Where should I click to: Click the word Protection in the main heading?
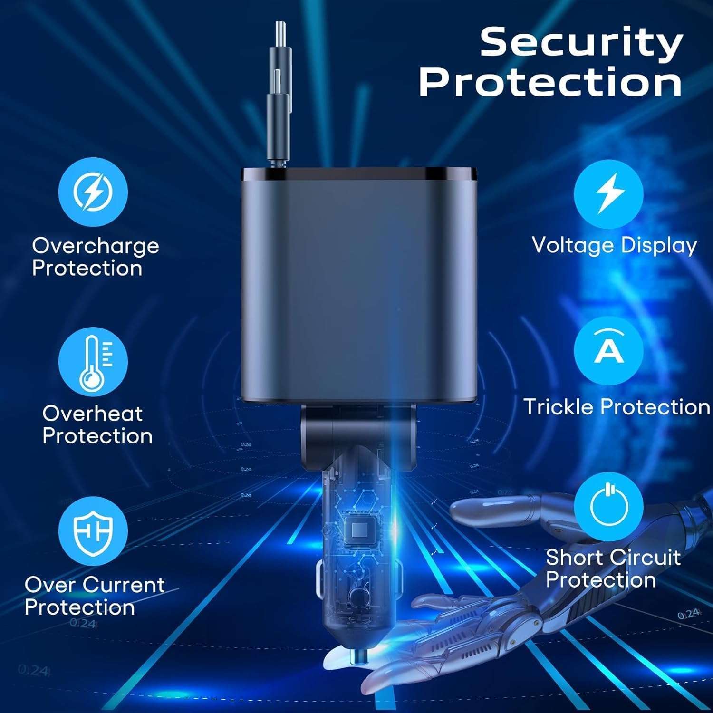point(550,82)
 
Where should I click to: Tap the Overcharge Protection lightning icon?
point(93,192)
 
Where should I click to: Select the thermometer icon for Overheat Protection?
point(93,362)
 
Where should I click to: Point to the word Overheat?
point(92,414)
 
